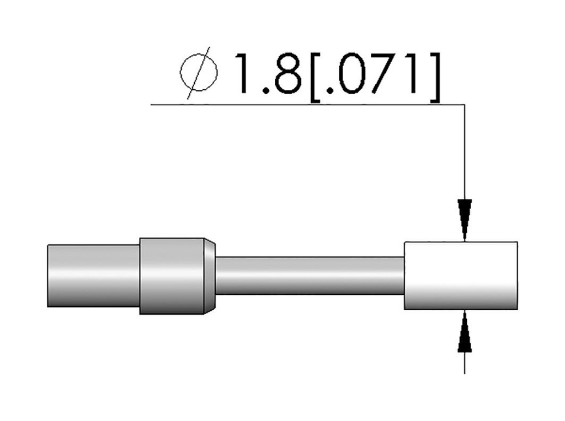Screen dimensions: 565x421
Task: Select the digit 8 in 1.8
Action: coord(288,73)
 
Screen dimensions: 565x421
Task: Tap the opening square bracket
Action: coord(315,77)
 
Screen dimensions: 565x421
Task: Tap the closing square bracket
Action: coord(435,77)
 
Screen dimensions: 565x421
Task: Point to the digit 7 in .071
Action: coord(382,73)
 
